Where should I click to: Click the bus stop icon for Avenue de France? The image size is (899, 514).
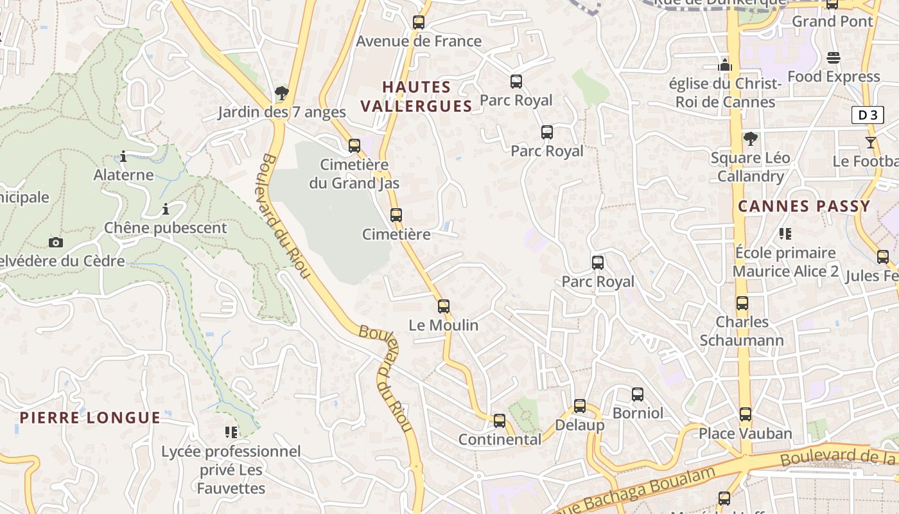coord(419,22)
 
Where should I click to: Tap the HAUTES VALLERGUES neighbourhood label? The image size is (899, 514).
coord(416,96)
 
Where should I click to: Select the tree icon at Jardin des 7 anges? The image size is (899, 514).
coord(281,94)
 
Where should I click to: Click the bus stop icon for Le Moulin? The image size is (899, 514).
coord(444,306)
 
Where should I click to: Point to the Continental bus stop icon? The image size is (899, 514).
coord(500,421)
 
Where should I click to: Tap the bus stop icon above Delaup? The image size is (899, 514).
coord(580,406)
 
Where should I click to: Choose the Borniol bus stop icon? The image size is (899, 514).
coord(637,394)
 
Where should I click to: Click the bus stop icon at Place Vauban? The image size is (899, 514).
coord(745,414)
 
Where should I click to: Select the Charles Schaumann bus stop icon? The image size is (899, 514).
coord(742,303)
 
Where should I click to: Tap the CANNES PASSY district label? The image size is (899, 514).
coord(804,206)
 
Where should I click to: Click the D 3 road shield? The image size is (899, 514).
coord(867,115)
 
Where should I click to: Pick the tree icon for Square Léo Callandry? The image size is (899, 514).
coord(750,139)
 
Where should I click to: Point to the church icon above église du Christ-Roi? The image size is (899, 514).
coord(725,65)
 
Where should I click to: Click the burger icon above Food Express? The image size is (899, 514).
coord(834,58)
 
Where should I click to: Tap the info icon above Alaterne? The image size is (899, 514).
coord(123,156)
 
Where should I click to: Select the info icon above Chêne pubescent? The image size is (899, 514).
coord(166,209)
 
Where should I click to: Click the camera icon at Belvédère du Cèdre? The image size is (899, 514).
coord(56,242)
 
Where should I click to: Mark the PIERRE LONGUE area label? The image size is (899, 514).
coord(90,418)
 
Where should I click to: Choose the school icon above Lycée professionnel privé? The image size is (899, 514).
coord(231,432)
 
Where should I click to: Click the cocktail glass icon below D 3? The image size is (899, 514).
coord(871,143)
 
